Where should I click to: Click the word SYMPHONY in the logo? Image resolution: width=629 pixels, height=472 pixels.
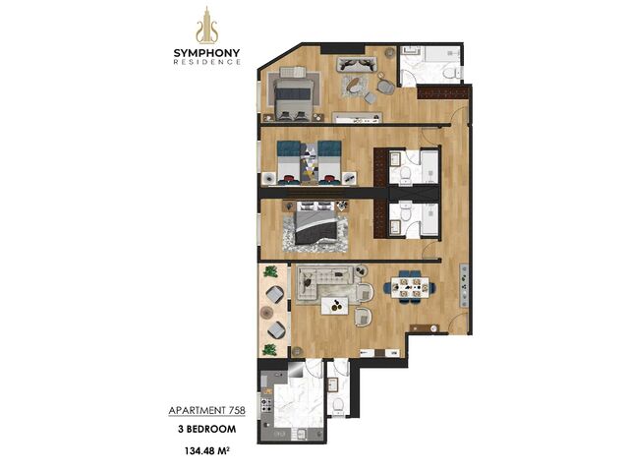click(x=207, y=53)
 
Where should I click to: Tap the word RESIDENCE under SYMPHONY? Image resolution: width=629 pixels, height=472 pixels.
click(x=207, y=62)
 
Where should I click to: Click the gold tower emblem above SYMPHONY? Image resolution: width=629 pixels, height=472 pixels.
click(x=207, y=25)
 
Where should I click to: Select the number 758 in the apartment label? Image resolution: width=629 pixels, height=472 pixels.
click(x=237, y=411)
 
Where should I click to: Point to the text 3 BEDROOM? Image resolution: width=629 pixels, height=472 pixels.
click(x=207, y=429)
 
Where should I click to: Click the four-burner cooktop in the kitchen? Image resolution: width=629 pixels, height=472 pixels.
click(x=267, y=405)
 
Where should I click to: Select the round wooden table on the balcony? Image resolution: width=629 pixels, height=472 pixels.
click(x=266, y=312)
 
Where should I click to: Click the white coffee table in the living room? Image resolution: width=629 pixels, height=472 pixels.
click(x=335, y=306)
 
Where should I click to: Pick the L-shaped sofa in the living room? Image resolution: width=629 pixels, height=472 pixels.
click(x=323, y=283)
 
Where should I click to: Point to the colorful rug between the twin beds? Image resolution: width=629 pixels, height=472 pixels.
click(x=310, y=162)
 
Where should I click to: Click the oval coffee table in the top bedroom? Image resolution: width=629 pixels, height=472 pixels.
click(x=354, y=85)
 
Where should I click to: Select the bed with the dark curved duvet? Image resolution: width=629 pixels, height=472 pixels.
click(x=315, y=228)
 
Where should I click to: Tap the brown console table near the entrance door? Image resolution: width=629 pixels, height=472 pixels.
click(x=425, y=327)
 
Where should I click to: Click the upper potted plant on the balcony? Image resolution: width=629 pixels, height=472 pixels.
click(x=271, y=271)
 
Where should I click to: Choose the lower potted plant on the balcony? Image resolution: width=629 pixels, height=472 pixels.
click(x=269, y=350)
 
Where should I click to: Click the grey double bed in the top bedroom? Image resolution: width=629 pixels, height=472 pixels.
click(x=293, y=95)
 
